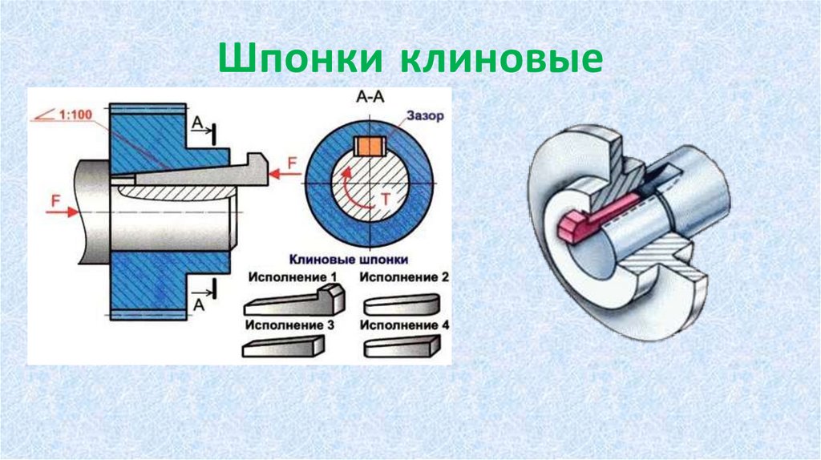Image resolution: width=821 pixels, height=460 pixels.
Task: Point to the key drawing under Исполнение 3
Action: point(283,346)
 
